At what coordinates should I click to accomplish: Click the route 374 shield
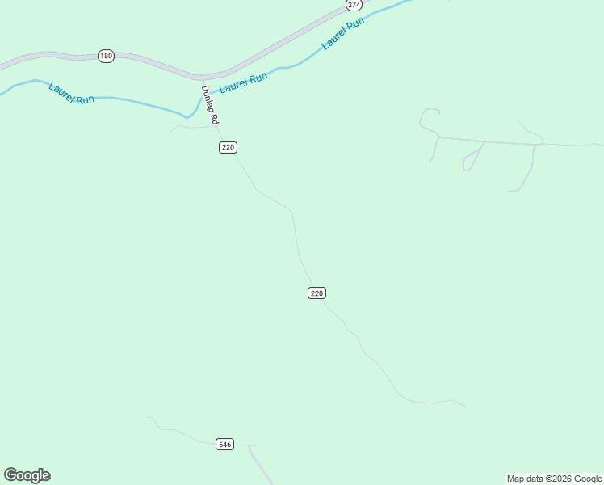(x=354, y=5)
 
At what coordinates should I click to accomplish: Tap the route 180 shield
(x=106, y=56)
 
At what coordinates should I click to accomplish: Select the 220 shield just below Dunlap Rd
(x=228, y=147)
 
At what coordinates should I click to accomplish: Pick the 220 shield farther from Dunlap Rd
(x=317, y=293)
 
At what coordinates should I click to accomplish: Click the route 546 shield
(x=225, y=444)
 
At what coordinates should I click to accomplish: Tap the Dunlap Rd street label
(x=210, y=104)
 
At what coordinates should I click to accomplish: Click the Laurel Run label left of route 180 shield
(x=71, y=92)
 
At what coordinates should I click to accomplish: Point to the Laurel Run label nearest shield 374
(x=342, y=34)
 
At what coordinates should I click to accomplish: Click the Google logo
(x=27, y=475)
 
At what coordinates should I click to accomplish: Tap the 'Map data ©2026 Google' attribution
(x=554, y=479)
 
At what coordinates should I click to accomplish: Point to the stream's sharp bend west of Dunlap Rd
(x=188, y=117)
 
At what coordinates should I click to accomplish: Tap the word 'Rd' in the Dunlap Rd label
(x=215, y=118)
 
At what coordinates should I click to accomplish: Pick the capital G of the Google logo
(x=10, y=475)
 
